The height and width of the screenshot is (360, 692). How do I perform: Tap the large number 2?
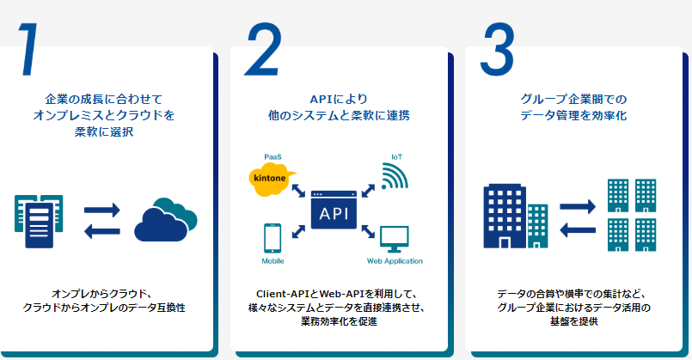tap(263, 49)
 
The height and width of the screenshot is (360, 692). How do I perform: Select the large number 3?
tap(498, 49)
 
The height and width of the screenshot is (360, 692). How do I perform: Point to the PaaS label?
tap(273, 157)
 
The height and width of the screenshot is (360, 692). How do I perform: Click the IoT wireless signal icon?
tap(395, 176)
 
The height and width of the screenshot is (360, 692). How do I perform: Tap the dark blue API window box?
tap(334, 210)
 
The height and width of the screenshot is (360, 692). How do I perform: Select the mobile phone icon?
tap(273, 238)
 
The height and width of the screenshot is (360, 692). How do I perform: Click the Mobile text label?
tap(273, 261)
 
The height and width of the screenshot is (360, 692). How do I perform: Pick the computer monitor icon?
tap(394, 239)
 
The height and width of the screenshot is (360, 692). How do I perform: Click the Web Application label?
tap(395, 261)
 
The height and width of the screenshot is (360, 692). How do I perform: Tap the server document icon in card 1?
tap(39, 221)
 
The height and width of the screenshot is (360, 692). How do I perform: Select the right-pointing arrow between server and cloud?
tap(102, 210)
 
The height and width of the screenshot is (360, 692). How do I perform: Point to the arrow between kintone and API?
tap(298, 191)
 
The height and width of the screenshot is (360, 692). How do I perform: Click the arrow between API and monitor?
tap(368, 231)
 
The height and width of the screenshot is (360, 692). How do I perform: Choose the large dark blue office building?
tap(505, 217)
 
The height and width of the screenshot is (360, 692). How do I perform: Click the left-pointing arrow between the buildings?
tap(578, 230)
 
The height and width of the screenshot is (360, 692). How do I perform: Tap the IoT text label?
tap(397, 157)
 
